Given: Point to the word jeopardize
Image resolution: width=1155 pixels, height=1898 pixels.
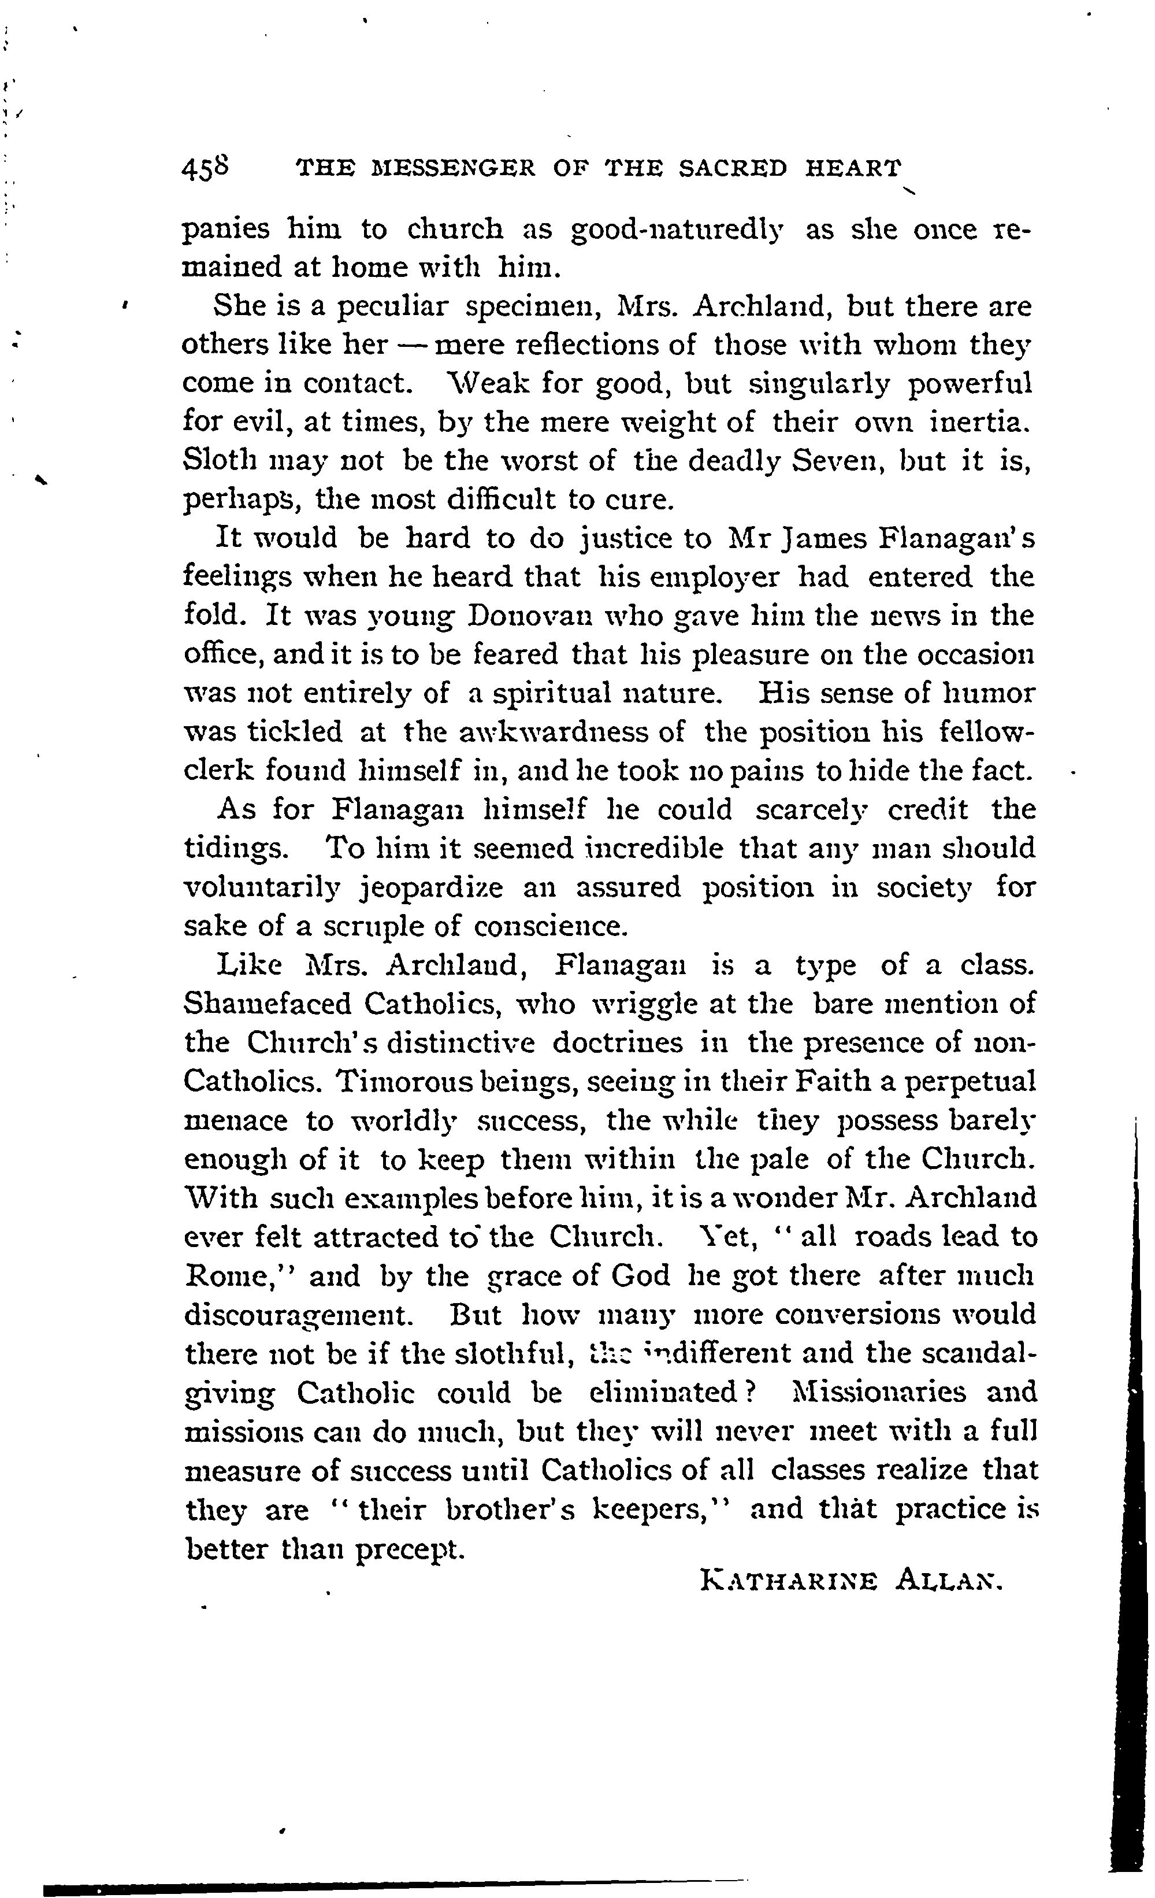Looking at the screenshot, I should click(433, 887).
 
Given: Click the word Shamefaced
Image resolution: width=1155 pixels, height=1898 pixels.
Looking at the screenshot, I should click(266, 1004).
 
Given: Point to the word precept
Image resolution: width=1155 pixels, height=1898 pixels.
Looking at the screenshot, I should click(411, 1548).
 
